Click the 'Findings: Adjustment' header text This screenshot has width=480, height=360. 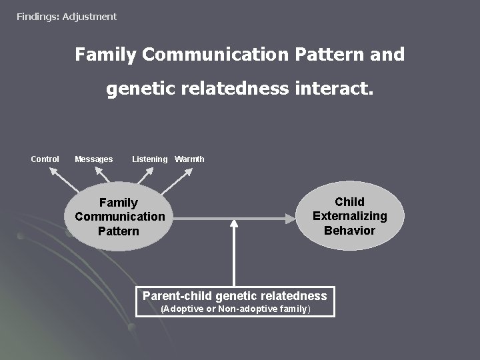(x=67, y=16)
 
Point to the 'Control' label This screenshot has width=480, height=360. (x=45, y=159)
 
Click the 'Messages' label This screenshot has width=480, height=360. (x=93, y=159)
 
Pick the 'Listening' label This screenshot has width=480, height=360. (x=149, y=159)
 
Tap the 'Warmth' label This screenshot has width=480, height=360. (x=189, y=159)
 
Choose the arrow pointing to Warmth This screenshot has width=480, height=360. (x=178, y=179)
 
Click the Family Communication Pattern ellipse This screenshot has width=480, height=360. (x=119, y=217)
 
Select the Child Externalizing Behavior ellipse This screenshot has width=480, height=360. (x=349, y=216)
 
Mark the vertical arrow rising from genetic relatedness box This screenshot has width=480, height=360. (x=233, y=257)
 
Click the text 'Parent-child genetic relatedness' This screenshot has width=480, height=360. (x=235, y=296)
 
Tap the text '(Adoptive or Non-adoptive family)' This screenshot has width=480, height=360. (x=235, y=309)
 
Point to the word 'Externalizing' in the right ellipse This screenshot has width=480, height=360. (x=349, y=216)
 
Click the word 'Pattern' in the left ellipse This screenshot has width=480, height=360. (x=119, y=231)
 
